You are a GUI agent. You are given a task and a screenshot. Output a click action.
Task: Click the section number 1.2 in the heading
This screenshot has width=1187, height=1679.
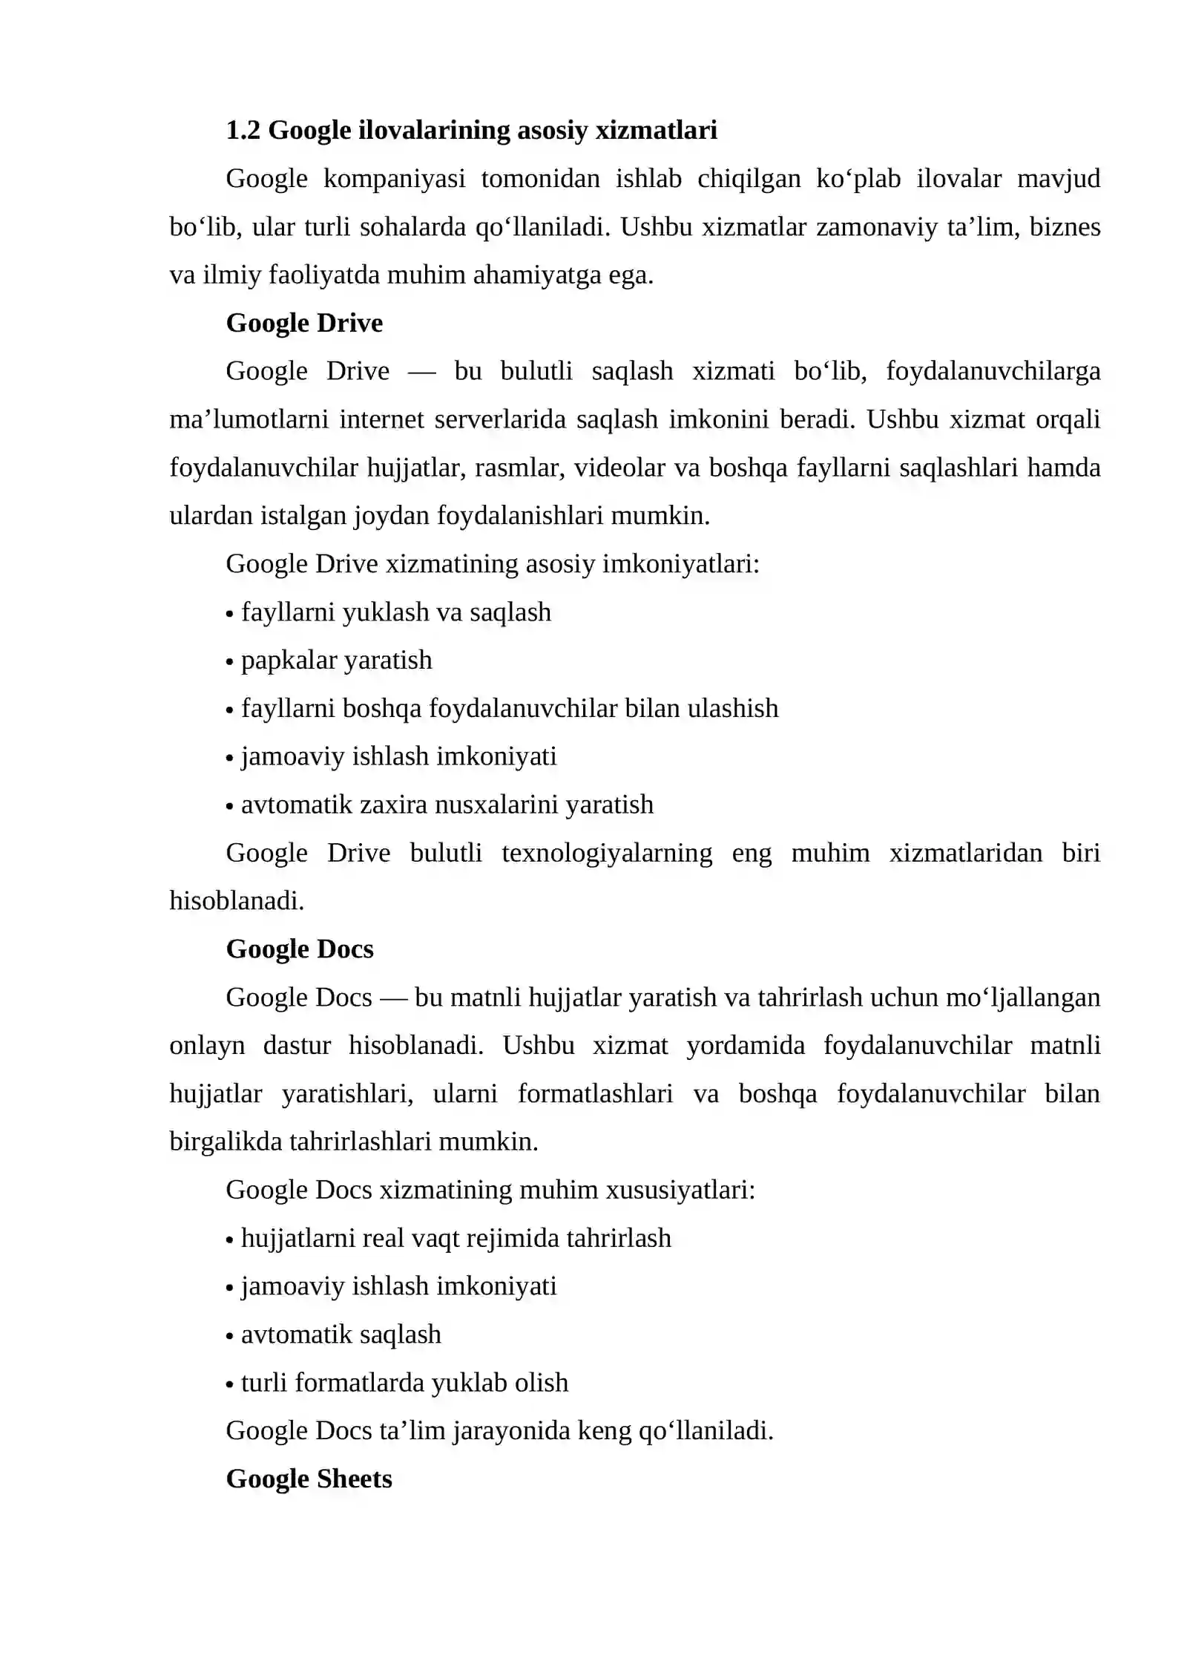243,131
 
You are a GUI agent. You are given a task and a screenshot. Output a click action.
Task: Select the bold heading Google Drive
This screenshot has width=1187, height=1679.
304,324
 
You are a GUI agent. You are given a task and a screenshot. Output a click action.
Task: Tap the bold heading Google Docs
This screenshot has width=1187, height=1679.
300,949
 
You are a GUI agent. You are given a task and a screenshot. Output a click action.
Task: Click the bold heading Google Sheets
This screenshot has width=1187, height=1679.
309,1479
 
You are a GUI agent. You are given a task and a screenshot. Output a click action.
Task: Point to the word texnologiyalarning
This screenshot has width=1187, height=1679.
607,854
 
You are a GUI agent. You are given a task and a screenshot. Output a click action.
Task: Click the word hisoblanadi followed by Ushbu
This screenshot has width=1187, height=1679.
415,1046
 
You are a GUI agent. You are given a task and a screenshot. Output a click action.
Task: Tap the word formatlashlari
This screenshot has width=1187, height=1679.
595,1094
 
